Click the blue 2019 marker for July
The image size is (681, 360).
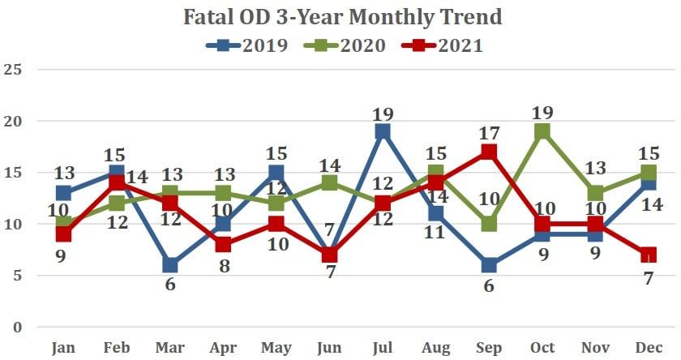click(383, 131)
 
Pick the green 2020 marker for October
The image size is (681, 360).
click(543, 131)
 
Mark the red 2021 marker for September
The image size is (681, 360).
click(490, 152)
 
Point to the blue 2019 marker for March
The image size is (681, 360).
click(170, 265)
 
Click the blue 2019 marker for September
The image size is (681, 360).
click(490, 265)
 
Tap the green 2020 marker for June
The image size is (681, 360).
click(329, 182)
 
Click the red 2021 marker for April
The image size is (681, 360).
click(224, 244)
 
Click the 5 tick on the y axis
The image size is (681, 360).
click(16, 276)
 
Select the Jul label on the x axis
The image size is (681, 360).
click(383, 348)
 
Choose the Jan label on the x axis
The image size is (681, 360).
click(63, 348)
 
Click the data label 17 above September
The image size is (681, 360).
click(490, 131)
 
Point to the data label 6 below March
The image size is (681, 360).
click(170, 285)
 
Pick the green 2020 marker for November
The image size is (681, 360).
click(597, 193)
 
